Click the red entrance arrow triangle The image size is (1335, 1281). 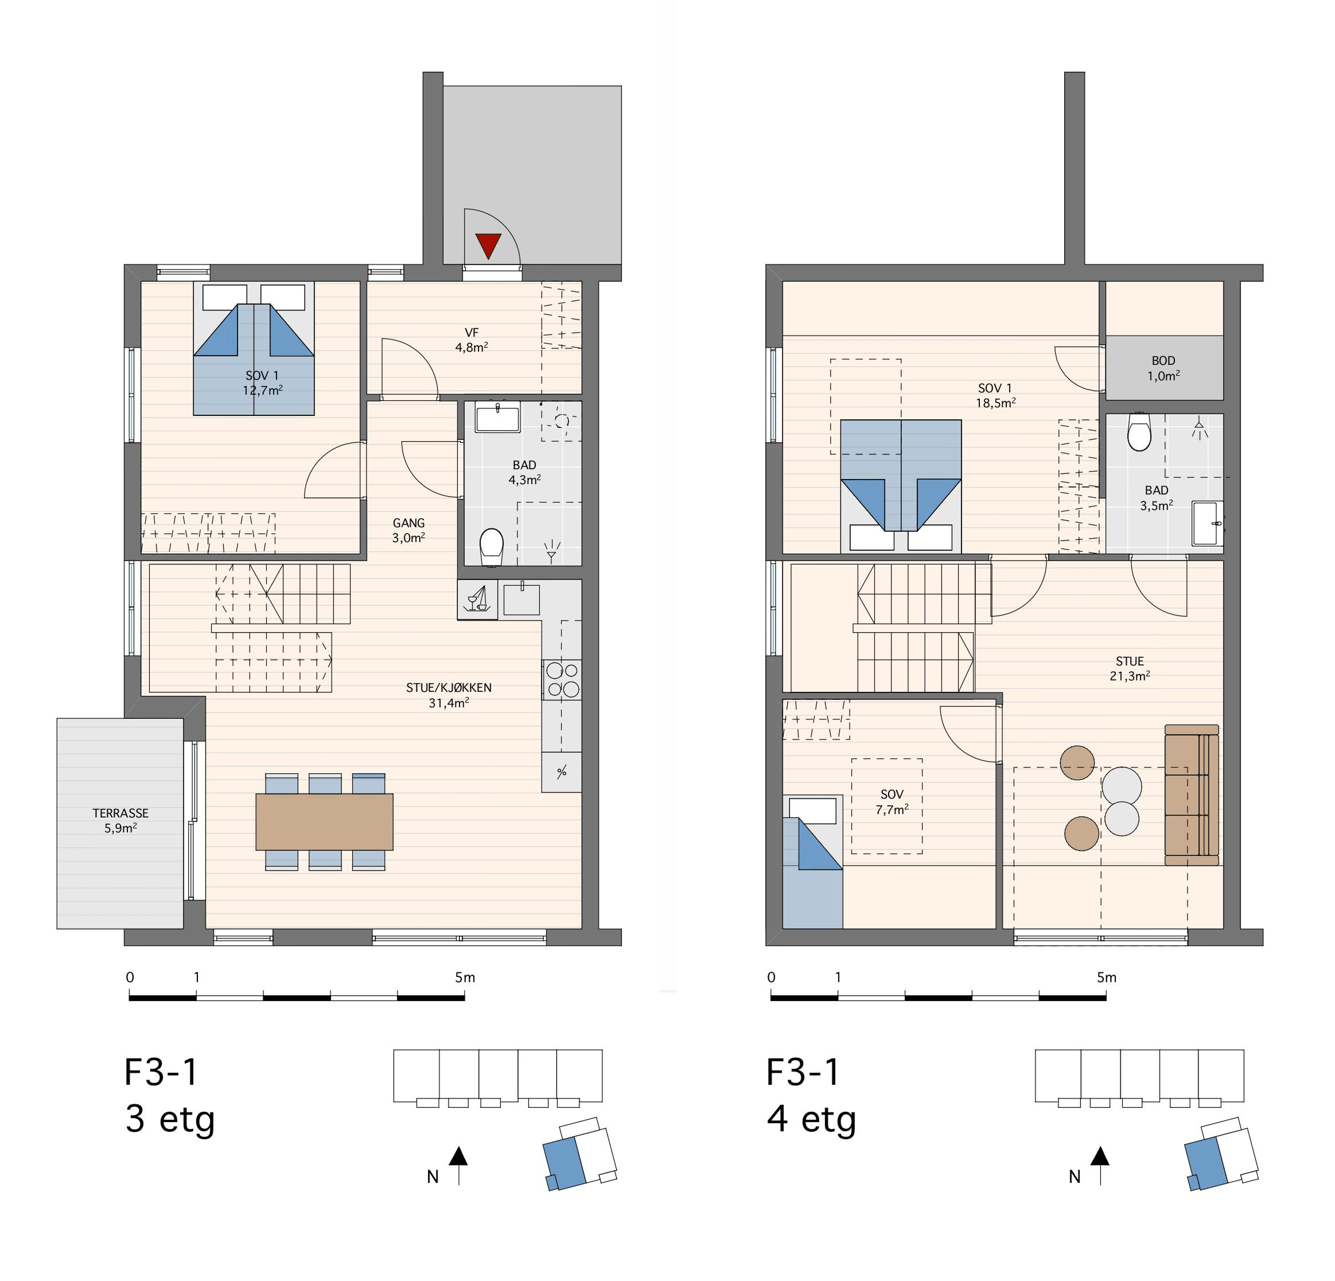point(488,245)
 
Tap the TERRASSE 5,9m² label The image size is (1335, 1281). point(120,820)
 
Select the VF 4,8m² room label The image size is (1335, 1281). point(472,340)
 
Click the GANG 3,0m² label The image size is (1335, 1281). point(408,530)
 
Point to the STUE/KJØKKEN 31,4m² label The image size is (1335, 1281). point(449,695)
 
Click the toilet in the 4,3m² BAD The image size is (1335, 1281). point(491,547)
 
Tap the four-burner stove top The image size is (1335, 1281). point(562,680)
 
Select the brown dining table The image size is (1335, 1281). point(324,821)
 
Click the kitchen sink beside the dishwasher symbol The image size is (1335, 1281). point(521,599)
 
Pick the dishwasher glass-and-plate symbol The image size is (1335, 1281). point(477,599)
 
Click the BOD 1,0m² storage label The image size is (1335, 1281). point(1163,368)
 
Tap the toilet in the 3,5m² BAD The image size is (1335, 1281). point(1139,432)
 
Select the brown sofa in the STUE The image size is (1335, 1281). point(1191,795)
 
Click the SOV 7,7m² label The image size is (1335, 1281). point(892,801)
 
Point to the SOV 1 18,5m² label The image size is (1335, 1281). point(995,395)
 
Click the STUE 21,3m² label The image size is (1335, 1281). point(1130,668)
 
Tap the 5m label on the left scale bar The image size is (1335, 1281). point(465,978)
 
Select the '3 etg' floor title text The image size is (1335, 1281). point(170,1120)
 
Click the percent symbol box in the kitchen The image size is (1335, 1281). point(562,772)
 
